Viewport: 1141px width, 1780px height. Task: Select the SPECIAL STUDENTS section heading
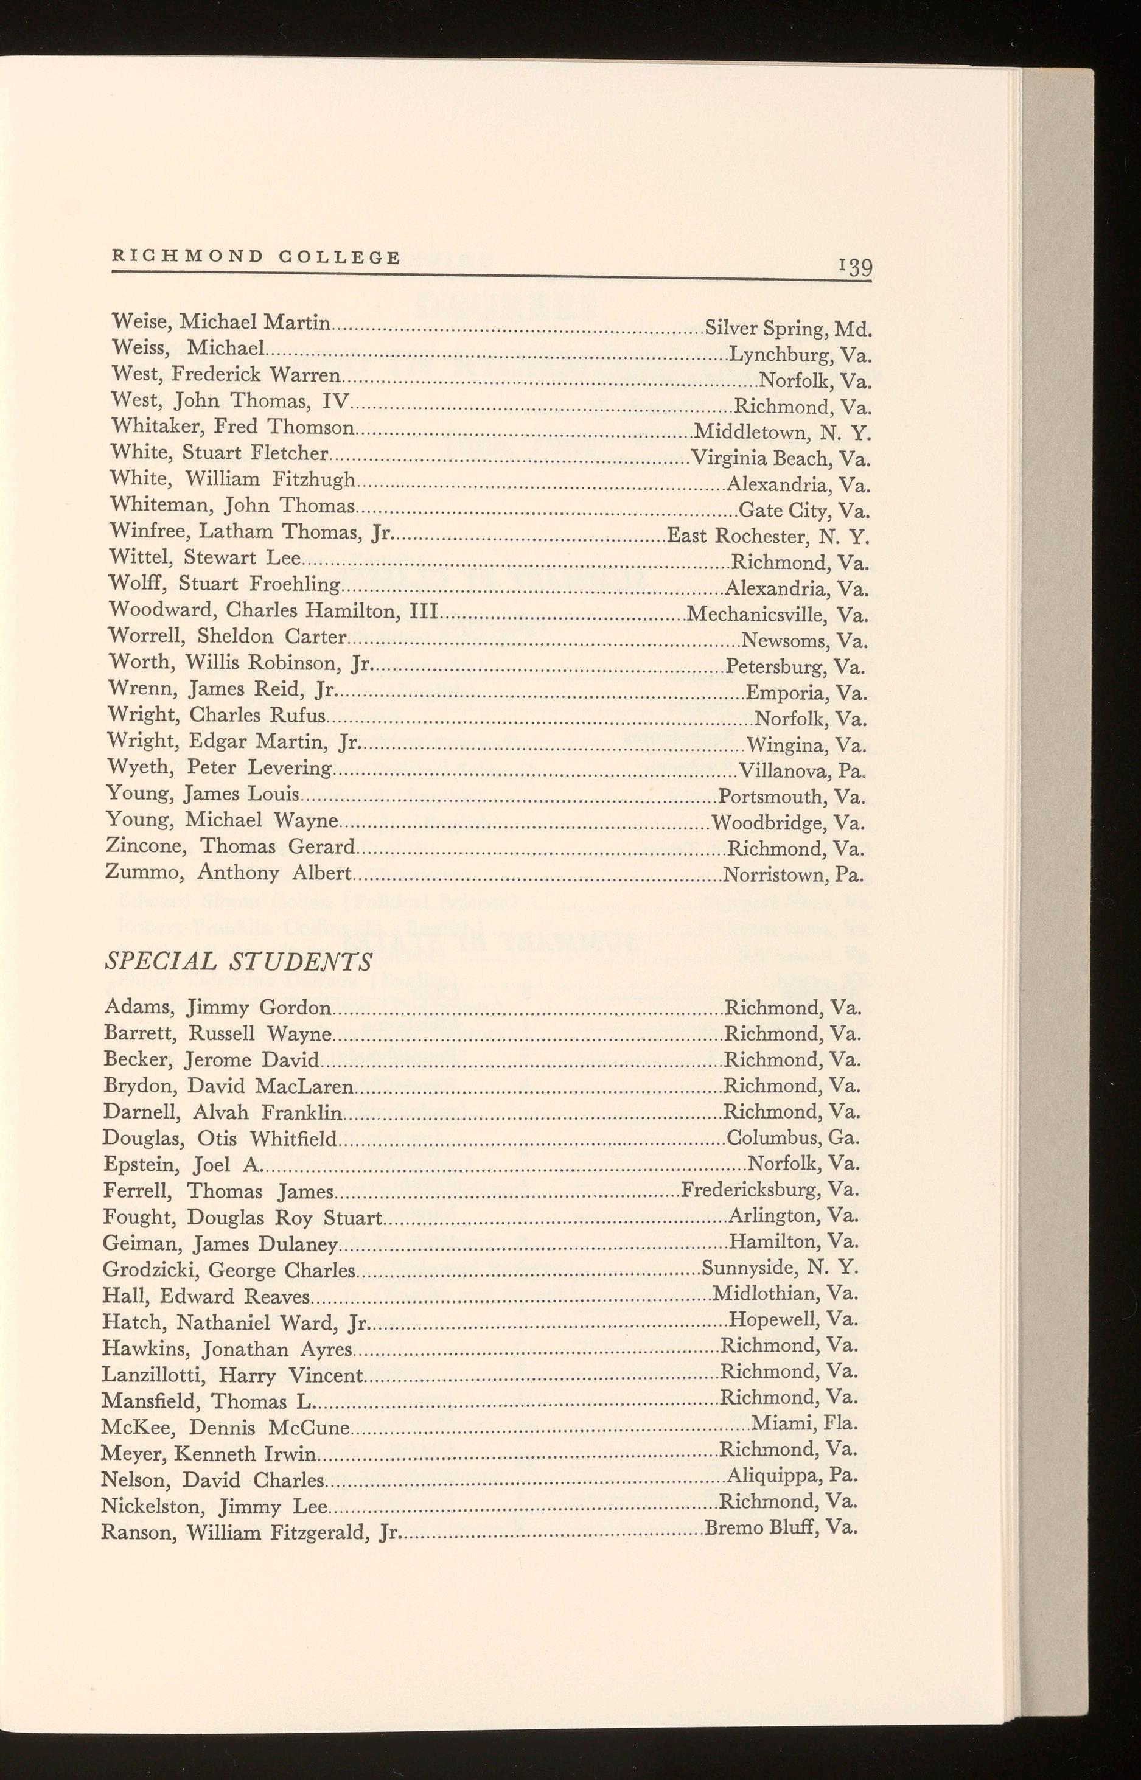pyautogui.click(x=238, y=962)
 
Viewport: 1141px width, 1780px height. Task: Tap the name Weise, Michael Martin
pyautogui.click(x=221, y=322)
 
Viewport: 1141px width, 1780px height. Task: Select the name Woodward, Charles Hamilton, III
pyautogui.click(x=274, y=610)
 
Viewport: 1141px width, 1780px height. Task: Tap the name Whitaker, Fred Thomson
pyautogui.click(x=232, y=427)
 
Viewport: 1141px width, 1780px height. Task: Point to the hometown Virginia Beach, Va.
pyautogui.click(x=780, y=458)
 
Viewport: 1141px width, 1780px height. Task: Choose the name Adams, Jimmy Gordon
pyautogui.click(x=218, y=1007)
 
